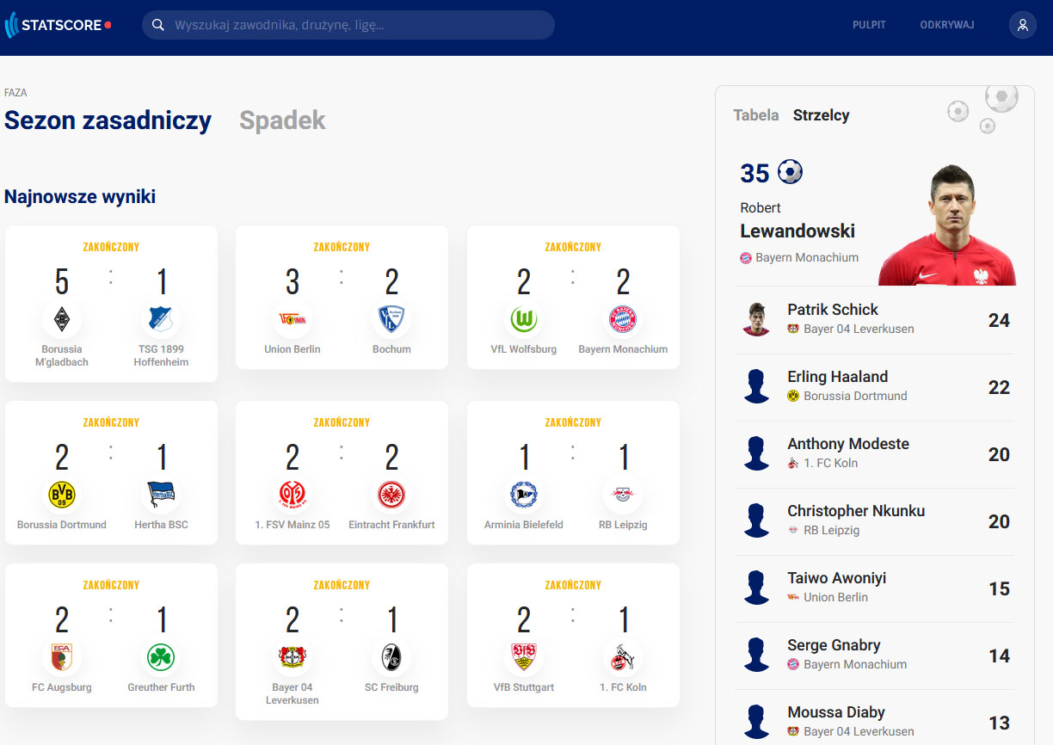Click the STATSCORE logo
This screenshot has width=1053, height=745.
click(58, 25)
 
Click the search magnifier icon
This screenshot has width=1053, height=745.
click(158, 25)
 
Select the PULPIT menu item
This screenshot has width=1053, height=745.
click(869, 25)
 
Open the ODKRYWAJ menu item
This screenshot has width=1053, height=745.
click(947, 25)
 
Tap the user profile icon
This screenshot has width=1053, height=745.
click(1022, 25)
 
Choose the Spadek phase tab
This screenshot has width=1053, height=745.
click(282, 120)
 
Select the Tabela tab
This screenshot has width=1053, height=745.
click(756, 115)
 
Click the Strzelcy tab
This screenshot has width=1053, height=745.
click(821, 115)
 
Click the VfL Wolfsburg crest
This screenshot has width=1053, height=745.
click(524, 319)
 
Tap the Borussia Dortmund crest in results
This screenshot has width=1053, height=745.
click(62, 495)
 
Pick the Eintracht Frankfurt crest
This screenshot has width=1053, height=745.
click(391, 495)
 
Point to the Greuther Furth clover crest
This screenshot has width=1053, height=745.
click(161, 657)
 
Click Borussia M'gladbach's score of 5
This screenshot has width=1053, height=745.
click(62, 281)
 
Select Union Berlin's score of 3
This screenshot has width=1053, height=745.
click(292, 281)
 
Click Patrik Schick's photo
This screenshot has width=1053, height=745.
click(756, 320)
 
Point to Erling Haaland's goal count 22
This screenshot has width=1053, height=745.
click(999, 388)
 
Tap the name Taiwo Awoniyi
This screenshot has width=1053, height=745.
click(837, 578)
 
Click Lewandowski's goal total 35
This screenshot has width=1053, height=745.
click(754, 173)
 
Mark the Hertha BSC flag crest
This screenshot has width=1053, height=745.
click(161, 495)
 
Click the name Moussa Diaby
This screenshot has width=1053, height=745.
click(836, 712)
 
